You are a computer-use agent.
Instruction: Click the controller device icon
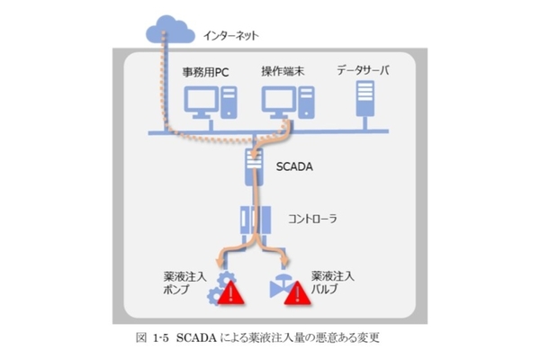tap(255, 219)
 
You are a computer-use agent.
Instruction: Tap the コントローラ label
tap(310, 219)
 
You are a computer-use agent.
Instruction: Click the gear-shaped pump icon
tap(216, 283)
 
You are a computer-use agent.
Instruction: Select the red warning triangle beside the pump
tap(231, 293)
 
